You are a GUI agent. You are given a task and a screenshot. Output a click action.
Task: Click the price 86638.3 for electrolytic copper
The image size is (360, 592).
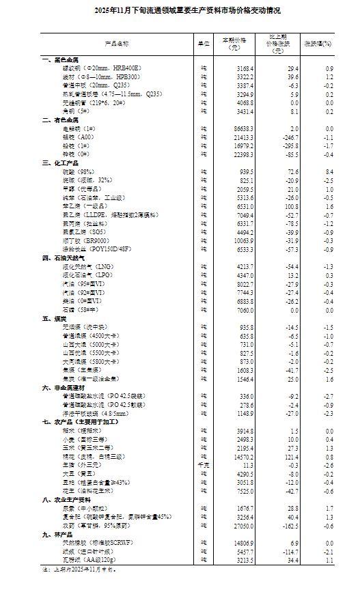click(243, 128)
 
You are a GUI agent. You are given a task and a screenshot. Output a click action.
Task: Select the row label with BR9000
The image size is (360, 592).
click(88, 241)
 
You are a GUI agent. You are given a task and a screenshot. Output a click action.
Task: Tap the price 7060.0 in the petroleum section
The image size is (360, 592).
click(244, 309)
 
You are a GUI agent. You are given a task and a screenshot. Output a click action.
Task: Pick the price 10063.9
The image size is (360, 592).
click(243, 241)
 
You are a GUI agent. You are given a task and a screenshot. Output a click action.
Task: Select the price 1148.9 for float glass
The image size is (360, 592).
click(244, 412)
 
